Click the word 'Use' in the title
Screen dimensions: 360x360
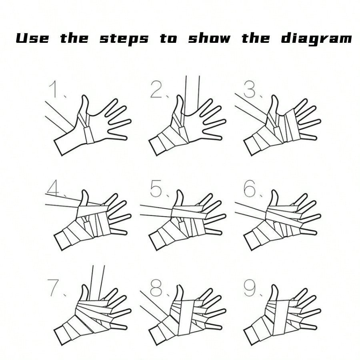(32, 38)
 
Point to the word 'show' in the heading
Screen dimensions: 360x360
(209, 38)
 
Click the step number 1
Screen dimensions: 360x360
(54, 89)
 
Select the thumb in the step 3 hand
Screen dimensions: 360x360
(274, 104)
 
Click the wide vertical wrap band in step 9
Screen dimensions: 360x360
(280, 320)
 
